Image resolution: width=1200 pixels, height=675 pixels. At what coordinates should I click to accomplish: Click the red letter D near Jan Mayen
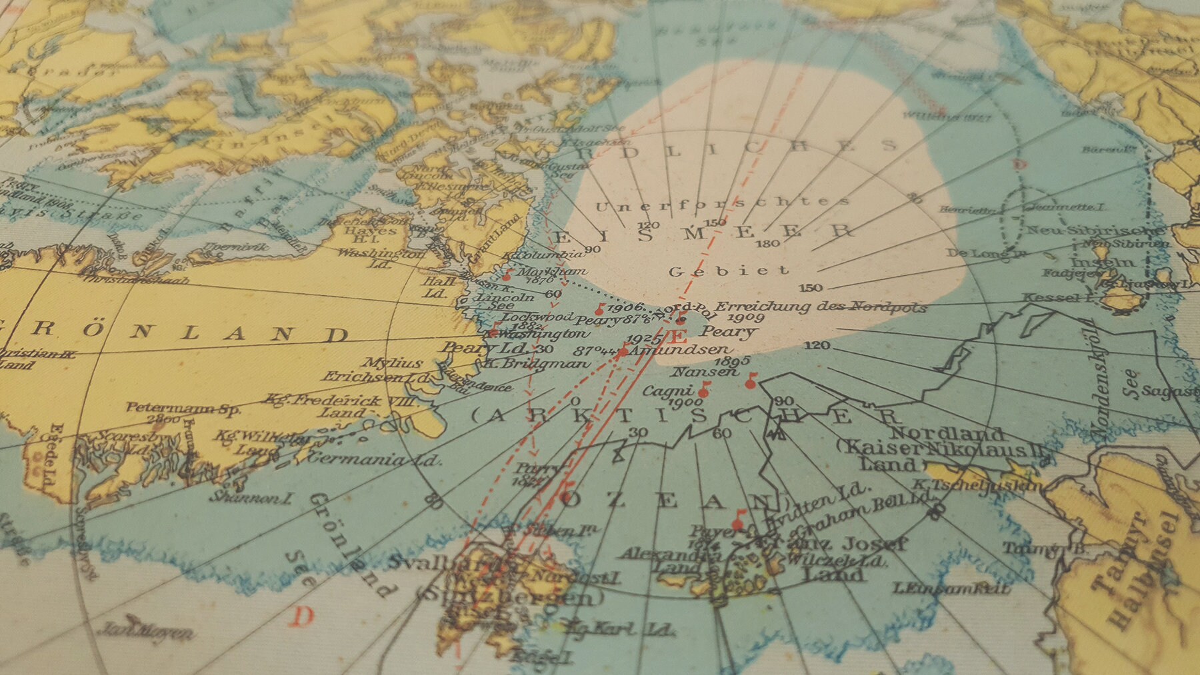tap(303, 616)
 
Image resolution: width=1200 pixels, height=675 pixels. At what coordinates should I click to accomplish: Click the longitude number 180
tap(769, 243)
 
